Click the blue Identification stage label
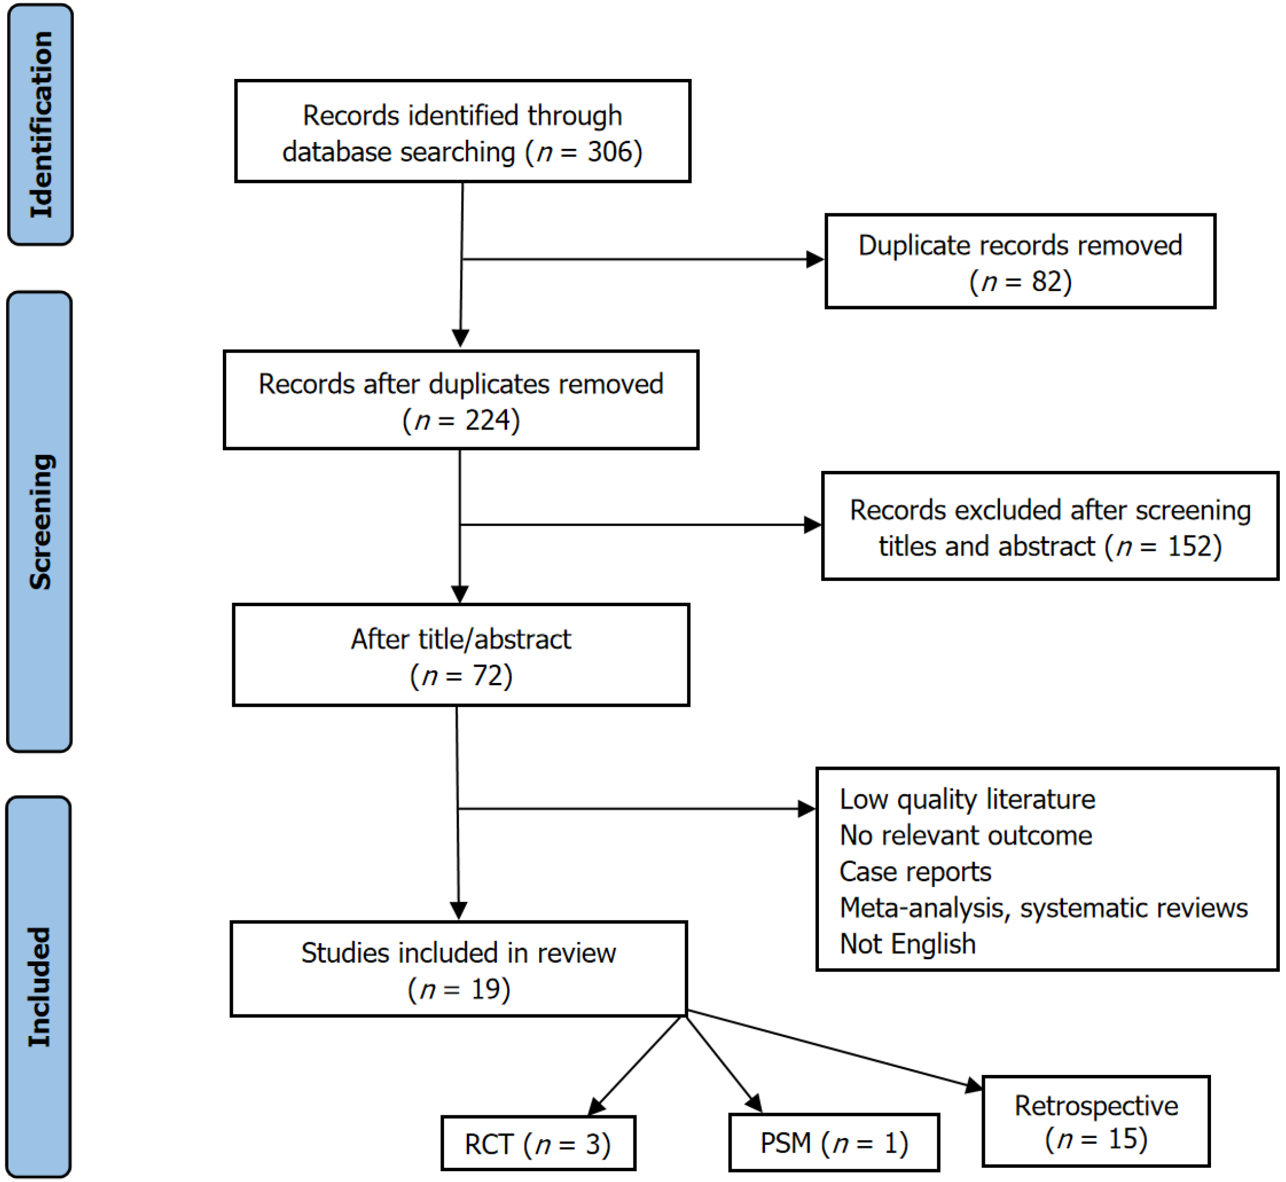pos(40,125)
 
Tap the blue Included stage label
pos(39,987)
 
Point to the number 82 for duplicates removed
pos(1047,281)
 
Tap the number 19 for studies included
pos(486,989)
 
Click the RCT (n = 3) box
pos(538,1143)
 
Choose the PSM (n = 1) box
pos(834,1143)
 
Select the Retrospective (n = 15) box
pos(1096,1121)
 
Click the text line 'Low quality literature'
pos(967,800)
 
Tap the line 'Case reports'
pos(915,872)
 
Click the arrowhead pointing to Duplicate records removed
pos(816,259)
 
